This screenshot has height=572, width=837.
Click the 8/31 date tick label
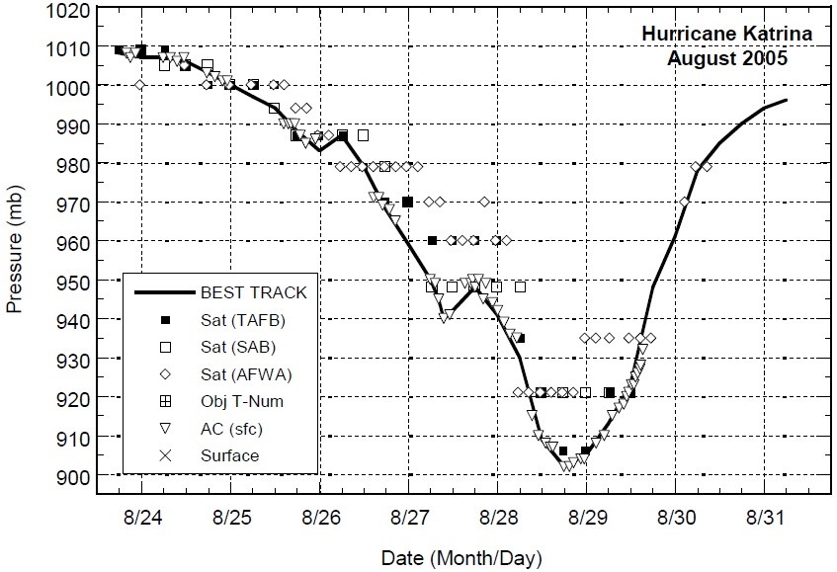coord(766,518)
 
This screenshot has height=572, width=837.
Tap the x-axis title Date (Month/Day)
coord(461,558)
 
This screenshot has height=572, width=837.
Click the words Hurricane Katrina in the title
coord(727,35)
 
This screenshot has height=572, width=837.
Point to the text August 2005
coord(727,57)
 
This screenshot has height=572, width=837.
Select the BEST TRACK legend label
coord(253,292)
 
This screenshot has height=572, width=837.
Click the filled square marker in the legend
coord(166,319)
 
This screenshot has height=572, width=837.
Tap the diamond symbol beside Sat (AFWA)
coord(166,373)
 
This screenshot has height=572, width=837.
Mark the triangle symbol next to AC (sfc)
coord(166,429)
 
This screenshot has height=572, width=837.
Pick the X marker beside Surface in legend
coord(166,455)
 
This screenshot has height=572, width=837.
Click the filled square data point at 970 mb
coord(407,202)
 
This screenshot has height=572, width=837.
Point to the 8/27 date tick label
coord(410,518)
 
